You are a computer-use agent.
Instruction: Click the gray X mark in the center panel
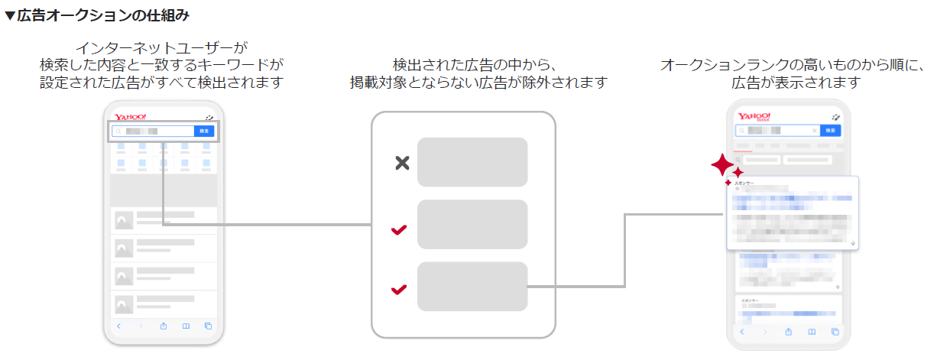pos(402,162)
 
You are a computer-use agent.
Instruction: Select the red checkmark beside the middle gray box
pos(399,229)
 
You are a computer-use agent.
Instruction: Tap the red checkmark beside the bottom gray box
pos(399,290)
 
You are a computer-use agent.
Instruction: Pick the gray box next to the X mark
pos(472,162)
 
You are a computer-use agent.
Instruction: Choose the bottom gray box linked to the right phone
pos(472,287)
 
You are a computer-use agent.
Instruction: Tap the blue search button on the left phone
pos(204,131)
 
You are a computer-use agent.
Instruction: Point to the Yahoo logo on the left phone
pos(130,117)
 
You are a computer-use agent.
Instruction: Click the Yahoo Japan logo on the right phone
pos(754,117)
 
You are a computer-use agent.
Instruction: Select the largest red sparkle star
pos(721,164)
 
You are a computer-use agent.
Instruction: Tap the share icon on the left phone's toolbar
pos(164,326)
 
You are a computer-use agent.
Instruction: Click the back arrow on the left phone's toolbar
pos(118,326)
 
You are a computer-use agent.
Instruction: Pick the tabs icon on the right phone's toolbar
pos(835,332)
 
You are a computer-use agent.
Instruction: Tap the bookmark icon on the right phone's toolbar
pos(812,332)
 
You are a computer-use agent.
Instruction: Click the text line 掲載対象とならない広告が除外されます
pos(478,82)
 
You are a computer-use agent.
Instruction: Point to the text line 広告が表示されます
pos(796,82)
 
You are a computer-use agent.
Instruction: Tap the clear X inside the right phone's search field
pos(815,131)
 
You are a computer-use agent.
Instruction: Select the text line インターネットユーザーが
pos(161,47)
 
